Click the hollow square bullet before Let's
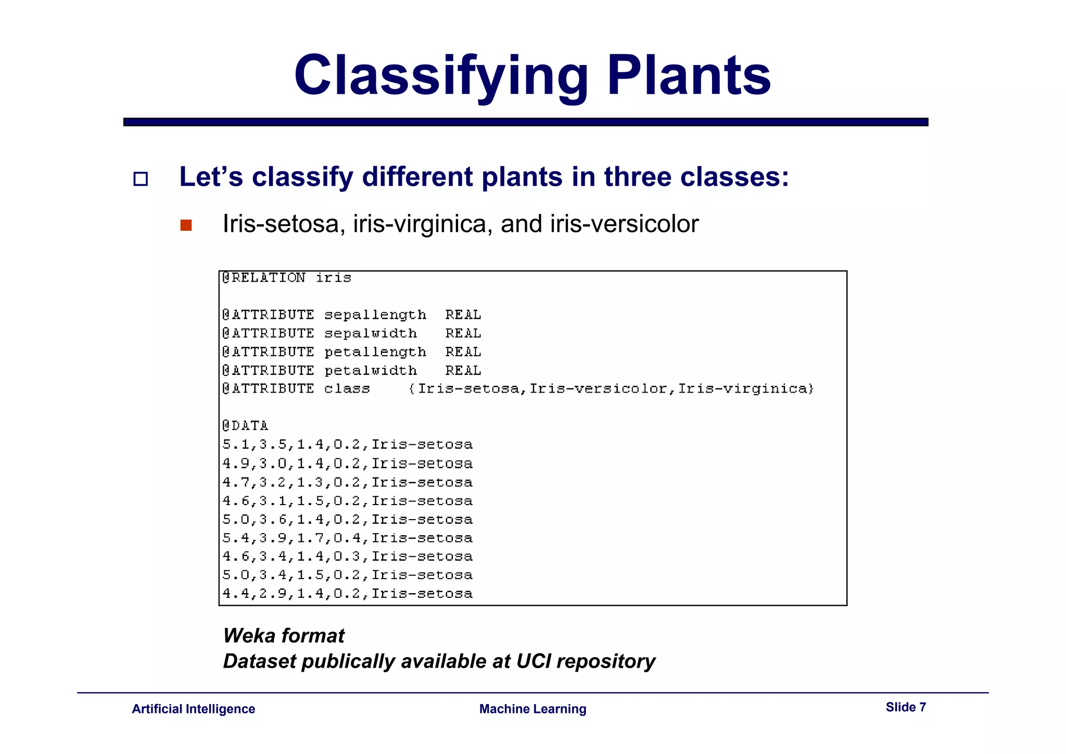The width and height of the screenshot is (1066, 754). click(x=141, y=179)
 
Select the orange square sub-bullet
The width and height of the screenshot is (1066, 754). click(x=186, y=225)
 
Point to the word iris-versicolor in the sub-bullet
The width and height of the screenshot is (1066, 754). click(x=624, y=224)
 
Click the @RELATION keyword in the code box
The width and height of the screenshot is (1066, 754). click(x=263, y=278)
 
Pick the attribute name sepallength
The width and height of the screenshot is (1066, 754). click(x=375, y=315)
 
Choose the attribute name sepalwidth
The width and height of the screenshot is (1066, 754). click(x=371, y=333)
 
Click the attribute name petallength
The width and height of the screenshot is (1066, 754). click(x=375, y=352)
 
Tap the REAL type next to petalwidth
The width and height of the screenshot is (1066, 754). click(x=463, y=371)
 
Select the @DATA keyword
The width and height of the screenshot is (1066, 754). click(x=245, y=426)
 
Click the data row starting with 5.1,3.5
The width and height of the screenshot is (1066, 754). click(x=347, y=445)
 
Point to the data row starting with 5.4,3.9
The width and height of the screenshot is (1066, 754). click(x=347, y=538)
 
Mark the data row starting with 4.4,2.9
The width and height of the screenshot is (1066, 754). click(x=347, y=594)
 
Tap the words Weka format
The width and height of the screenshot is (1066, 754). click(x=284, y=636)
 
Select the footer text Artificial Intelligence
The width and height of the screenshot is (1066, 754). click(x=193, y=709)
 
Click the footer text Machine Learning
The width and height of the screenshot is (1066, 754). click(x=532, y=709)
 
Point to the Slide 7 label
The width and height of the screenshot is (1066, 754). click(x=906, y=707)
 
